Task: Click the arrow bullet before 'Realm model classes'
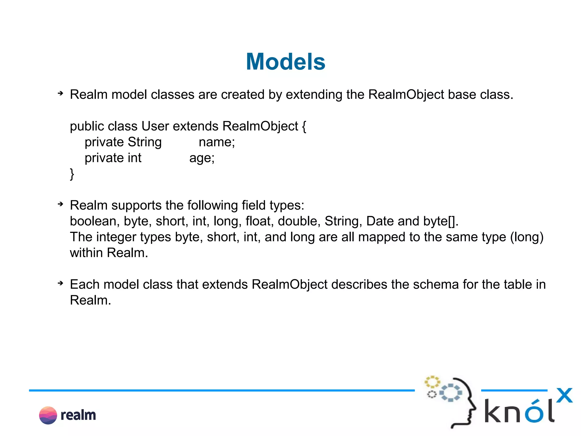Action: click(60, 93)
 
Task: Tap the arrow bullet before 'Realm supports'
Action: click(60, 204)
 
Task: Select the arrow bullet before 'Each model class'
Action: click(60, 283)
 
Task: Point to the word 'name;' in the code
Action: click(217, 142)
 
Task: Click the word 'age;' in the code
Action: click(202, 158)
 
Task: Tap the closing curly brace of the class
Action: click(72, 174)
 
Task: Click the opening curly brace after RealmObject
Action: click(304, 126)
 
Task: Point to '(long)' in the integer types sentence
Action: click(527, 237)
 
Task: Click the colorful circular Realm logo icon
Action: click(48, 415)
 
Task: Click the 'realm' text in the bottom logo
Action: click(78, 415)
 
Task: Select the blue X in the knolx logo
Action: click(564, 395)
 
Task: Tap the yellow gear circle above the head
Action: click(432, 382)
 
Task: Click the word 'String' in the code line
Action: click(145, 142)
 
